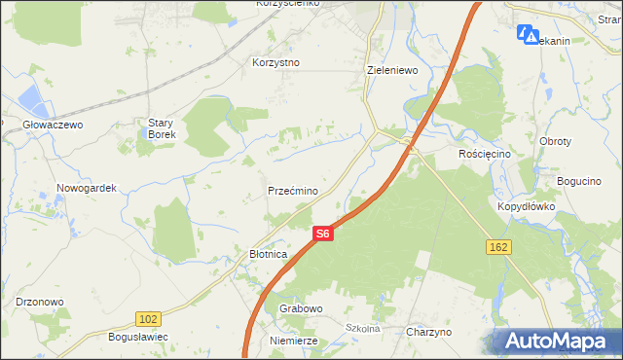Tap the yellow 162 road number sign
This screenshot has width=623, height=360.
pos(498,248)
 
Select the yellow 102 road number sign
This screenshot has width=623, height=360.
pos(148,318)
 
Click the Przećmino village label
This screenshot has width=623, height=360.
pos(292,191)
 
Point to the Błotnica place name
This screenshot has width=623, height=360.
pos(263,254)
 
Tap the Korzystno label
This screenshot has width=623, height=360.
pos(275,62)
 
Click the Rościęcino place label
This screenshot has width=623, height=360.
pos(484,154)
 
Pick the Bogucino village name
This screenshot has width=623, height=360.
pos(582,181)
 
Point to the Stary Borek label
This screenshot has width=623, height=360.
pos(162,128)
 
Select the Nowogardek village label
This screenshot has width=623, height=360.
pos(87,188)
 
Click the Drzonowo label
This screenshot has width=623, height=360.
pos(40,302)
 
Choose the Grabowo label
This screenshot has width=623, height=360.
pos(301,308)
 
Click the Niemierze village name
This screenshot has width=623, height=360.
pos(295,342)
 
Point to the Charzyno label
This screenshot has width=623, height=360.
pos(429,332)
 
